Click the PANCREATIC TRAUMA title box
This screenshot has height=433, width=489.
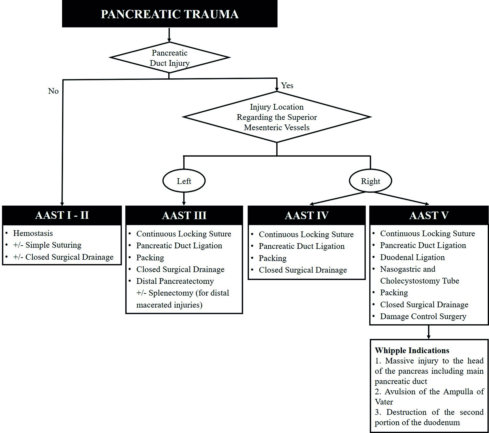169,14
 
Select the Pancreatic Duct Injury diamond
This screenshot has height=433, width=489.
169,58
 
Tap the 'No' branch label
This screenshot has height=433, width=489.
53,91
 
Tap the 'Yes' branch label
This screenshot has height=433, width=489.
287,85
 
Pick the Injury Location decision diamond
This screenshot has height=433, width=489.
277,117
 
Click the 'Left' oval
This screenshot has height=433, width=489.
184,181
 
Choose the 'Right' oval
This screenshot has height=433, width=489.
370,181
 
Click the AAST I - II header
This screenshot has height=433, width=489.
62,215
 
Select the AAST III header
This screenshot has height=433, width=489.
184,215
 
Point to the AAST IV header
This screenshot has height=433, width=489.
307,215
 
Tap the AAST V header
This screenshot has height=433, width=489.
429,215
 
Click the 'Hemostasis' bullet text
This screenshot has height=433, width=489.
33,233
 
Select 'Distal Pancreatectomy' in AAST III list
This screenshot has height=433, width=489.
175,281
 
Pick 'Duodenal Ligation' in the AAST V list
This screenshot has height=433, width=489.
412,257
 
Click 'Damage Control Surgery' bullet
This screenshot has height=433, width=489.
423,316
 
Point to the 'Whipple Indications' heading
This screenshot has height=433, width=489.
412,350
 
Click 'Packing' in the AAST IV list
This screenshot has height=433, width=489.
273,258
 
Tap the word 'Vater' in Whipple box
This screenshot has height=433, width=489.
384,402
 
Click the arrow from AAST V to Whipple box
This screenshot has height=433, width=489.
429,332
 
